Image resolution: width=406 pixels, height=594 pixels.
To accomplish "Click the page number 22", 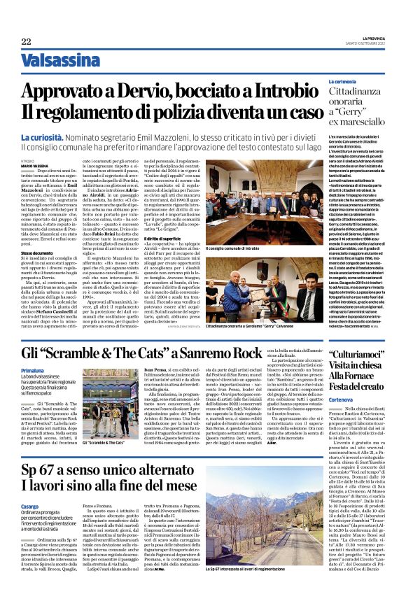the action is click(26, 42).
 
